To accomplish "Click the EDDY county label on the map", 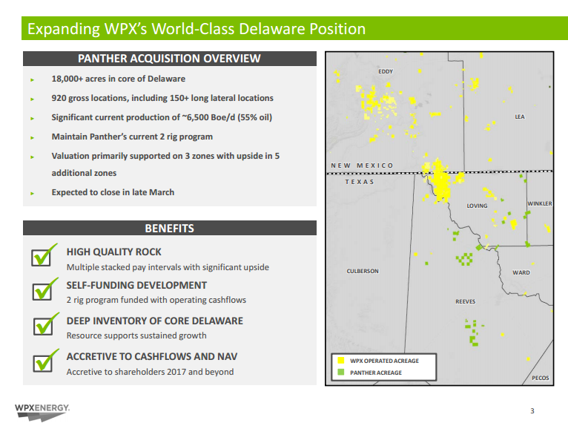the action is pyautogui.click(x=386, y=71).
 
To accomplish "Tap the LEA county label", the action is pyautogui.click(x=520, y=117).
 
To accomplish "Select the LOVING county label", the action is pyautogui.click(x=477, y=206).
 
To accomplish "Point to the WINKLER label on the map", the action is pyautogui.click(x=540, y=204).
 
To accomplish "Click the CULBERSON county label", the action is pyautogui.click(x=363, y=271).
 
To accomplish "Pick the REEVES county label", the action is pyautogui.click(x=466, y=301).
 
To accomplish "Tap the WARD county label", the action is pyautogui.click(x=521, y=272).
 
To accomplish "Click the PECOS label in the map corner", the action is pyautogui.click(x=541, y=379).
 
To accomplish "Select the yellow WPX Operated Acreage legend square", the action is pyautogui.click(x=341, y=361).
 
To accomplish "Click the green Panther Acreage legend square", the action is pyautogui.click(x=341, y=372).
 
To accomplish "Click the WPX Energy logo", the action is pyautogui.click(x=42, y=412).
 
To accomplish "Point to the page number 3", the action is pyautogui.click(x=532, y=410).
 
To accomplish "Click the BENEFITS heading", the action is pyautogui.click(x=170, y=229).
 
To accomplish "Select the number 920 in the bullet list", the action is pyautogui.click(x=59, y=98).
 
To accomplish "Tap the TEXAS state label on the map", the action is pyautogui.click(x=360, y=182).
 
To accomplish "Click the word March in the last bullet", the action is pyautogui.click(x=162, y=192).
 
